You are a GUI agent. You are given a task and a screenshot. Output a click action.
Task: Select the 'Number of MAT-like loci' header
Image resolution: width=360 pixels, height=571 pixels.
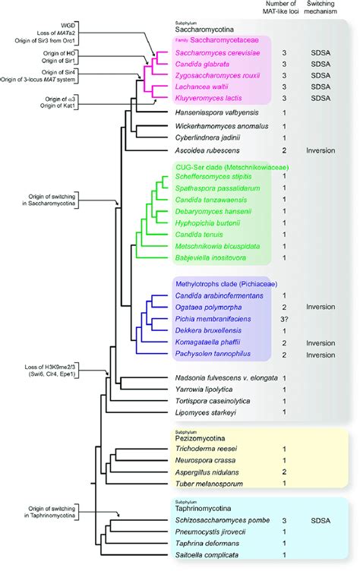[x=285, y=14]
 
